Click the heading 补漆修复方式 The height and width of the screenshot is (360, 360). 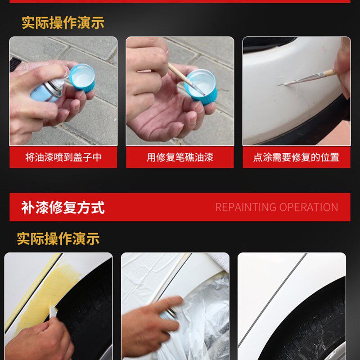click(x=63, y=207)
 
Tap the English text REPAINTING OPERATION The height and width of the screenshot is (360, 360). click(x=276, y=207)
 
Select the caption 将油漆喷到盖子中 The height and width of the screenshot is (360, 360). click(x=63, y=157)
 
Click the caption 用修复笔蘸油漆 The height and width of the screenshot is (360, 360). click(x=180, y=157)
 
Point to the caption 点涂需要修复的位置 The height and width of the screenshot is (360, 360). click(x=296, y=157)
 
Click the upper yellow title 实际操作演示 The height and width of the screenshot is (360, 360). click(x=63, y=22)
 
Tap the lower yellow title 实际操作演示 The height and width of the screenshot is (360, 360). click(x=58, y=238)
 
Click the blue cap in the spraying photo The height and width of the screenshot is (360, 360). click(x=82, y=78)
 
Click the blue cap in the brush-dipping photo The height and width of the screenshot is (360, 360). click(x=201, y=87)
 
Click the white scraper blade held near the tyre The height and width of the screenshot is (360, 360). click(x=53, y=310)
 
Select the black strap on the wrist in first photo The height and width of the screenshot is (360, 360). click(x=15, y=64)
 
